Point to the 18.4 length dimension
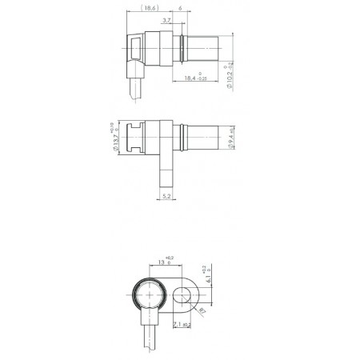click(194, 78)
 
